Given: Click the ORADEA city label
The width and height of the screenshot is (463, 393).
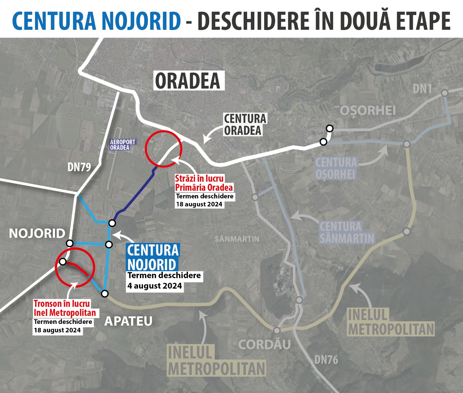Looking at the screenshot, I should pos(188,81).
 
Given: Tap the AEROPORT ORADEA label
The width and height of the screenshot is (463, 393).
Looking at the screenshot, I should pos(122,145).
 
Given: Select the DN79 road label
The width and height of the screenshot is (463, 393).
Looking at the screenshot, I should pos(79,167).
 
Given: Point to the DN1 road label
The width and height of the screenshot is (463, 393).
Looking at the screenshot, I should pos(422,89).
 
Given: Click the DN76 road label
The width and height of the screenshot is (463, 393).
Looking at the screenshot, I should pos(326,360).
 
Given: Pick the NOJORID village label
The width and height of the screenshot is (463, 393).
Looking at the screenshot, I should pos(37,233).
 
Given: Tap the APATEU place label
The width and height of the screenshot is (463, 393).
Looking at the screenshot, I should pos(128,321).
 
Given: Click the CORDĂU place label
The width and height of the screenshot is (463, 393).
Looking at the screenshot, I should pos(264,344).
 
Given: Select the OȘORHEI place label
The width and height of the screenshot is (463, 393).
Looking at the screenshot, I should pos(368,110).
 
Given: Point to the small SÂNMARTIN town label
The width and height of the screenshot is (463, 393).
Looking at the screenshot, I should pos(237,239).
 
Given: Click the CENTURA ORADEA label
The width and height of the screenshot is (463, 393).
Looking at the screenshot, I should pos(245,125).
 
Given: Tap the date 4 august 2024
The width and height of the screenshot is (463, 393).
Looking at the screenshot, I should pos(155,286).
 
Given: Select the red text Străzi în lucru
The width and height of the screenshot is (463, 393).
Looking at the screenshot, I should pos(199,178).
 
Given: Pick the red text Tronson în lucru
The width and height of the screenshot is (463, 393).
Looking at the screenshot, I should pos(62,304).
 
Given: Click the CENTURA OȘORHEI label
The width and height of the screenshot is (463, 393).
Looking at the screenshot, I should pos(336,168).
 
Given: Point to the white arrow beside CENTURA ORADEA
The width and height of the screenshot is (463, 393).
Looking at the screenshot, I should pos(211,134).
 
